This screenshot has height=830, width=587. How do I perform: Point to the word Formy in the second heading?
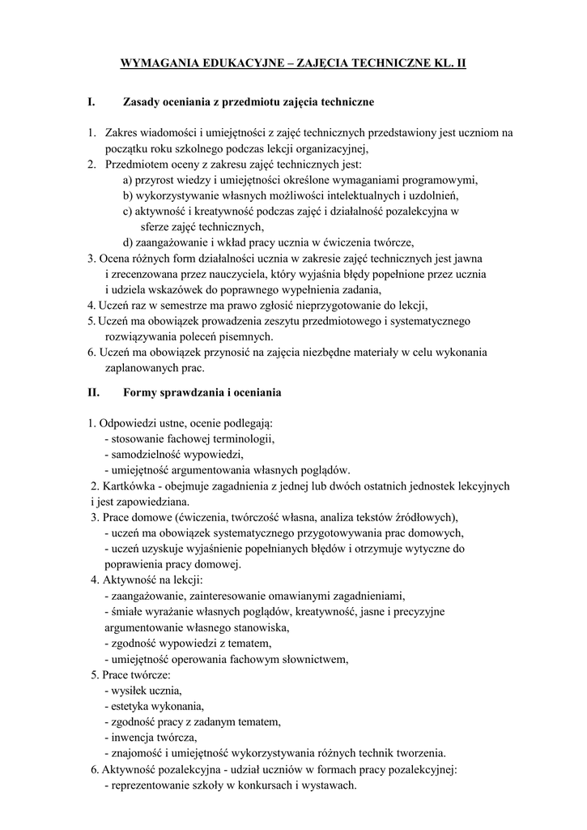point(139,392)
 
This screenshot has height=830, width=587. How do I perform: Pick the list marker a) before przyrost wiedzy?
point(128,179)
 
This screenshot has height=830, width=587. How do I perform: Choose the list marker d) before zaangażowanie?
point(128,242)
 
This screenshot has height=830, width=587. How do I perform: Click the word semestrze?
point(171,306)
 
